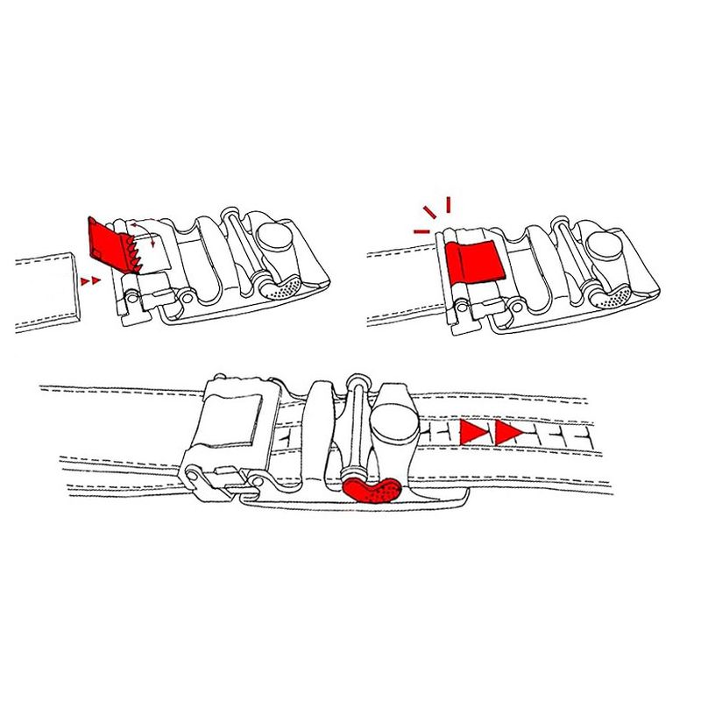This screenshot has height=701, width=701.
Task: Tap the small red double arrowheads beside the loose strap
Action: click(89, 280)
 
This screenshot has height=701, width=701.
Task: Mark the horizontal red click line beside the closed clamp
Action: click(421, 231)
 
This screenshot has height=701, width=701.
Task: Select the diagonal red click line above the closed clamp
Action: click(429, 212)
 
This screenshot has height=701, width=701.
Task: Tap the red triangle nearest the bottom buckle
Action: click(474, 432)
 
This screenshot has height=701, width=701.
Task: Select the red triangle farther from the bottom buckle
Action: click(507, 432)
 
